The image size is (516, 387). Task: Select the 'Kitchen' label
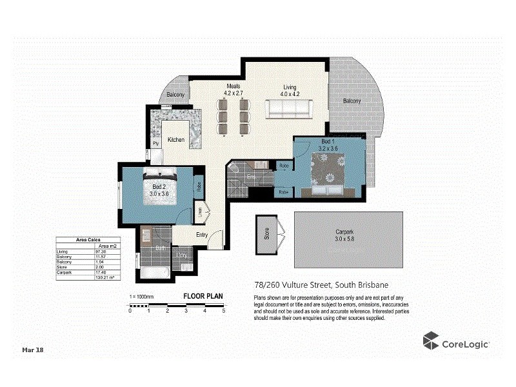point(176,140)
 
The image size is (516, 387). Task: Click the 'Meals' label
point(233,86)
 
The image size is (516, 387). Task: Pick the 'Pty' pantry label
point(155,143)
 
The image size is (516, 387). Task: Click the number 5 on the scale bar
point(223,311)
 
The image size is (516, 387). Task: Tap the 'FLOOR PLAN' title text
point(203,297)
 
